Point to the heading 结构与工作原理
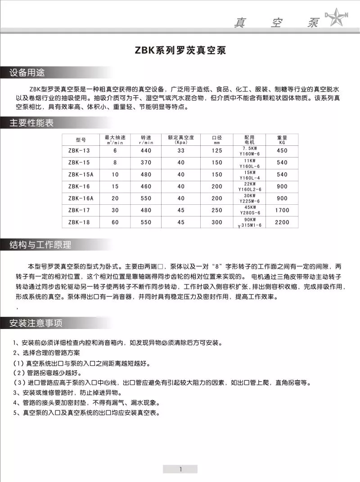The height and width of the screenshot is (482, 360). [40, 245]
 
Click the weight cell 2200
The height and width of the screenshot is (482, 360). [282, 222]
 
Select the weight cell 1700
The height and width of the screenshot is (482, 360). [282, 210]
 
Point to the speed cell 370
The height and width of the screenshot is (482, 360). [146, 162]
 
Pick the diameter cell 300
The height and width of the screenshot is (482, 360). [217, 222]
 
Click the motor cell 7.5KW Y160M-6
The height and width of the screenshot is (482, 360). [249, 151]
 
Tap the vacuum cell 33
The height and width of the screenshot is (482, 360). [181, 151]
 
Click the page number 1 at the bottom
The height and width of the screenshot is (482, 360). [180, 469]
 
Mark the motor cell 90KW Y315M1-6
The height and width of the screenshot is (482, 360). [249, 222]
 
